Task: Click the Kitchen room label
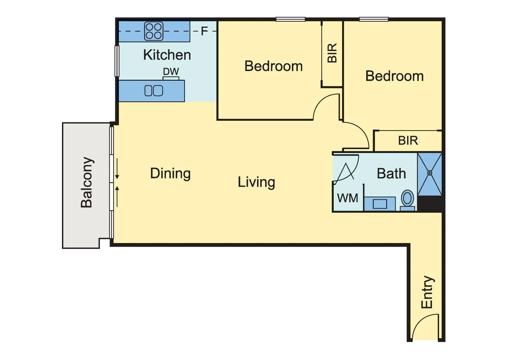167,55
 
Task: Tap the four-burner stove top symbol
154,31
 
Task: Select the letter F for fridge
204,31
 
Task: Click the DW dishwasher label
171,71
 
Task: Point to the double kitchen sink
154,91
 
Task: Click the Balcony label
87,182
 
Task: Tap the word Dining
170,173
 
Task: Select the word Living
256,182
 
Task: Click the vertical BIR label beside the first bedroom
332,53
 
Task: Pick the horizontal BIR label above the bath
408,141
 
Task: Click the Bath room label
391,174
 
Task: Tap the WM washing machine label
347,198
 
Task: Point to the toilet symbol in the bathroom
407,199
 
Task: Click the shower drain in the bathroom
430,173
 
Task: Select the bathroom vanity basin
380,204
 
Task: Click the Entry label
427,292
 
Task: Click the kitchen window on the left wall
117,61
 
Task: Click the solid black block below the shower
430,204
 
